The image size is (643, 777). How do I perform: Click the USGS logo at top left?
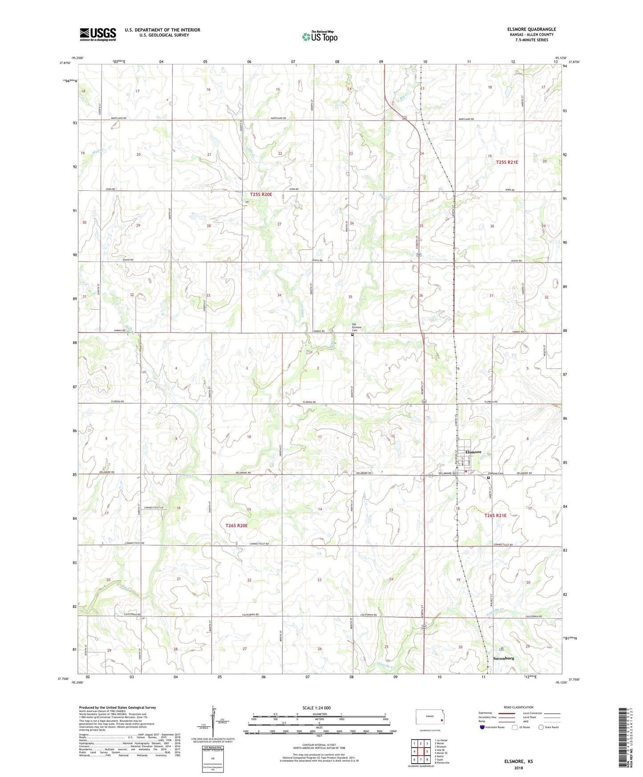coord(97,34)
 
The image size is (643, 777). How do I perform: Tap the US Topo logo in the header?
coord(319,36)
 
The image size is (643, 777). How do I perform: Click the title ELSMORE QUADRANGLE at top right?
coord(531,29)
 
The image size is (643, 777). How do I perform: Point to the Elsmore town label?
coord(473,452)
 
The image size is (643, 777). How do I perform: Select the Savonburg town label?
coord(504,658)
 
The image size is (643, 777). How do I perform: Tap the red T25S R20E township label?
coord(261,194)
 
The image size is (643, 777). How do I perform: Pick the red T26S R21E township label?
coord(495,515)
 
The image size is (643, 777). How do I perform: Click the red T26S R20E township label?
coord(236,526)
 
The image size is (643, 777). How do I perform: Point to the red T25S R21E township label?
coord(507,162)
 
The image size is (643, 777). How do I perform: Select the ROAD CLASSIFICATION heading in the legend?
coord(518,707)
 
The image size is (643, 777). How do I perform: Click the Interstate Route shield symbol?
coord(482,727)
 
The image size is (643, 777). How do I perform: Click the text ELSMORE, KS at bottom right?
coord(518,761)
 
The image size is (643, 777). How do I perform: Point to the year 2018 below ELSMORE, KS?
coord(518,768)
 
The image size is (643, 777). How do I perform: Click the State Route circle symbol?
coord(541,727)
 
